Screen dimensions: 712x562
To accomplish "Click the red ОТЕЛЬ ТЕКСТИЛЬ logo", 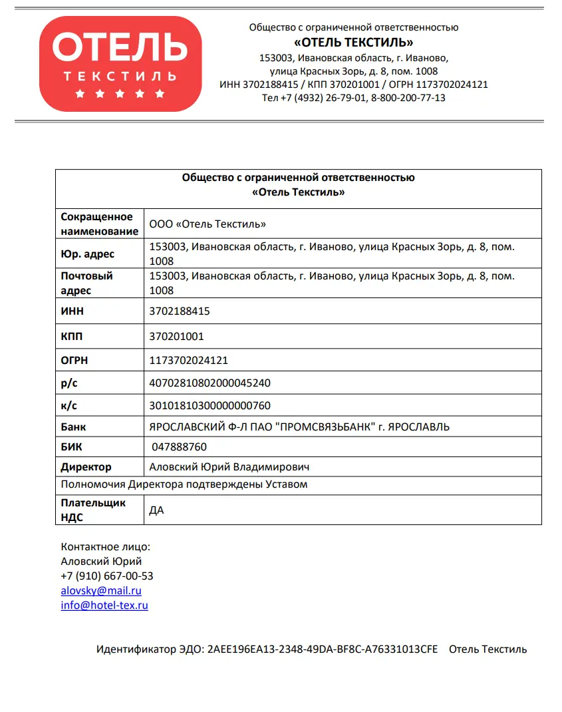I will [x=120, y=63].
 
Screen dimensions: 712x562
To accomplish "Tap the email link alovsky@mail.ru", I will [x=101, y=590].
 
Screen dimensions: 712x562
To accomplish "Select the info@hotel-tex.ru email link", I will [x=104, y=605].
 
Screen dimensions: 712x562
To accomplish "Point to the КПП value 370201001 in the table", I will [x=177, y=336].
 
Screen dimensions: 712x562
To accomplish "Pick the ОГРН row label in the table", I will [x=74, y=361].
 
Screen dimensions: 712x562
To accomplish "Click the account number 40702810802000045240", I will [x=210, y=383].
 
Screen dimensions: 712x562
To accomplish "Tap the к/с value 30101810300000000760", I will [x=210, y=405].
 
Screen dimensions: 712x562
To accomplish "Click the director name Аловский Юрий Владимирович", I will [x=229, y=467].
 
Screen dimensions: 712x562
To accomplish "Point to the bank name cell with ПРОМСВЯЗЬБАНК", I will [x=299, y=427].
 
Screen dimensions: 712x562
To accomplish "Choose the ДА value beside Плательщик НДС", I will [x=157, y=510].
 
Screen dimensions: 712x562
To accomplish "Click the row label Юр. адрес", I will [x=88, y=254].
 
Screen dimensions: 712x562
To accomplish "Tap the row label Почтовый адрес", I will [x=87, y=283].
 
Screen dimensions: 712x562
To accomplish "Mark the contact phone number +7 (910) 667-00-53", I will [x=107, y=576].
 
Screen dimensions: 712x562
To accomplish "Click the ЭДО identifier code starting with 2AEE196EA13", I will [x=323, y=649].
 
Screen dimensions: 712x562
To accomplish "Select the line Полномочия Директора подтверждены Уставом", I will [x=184, y=484].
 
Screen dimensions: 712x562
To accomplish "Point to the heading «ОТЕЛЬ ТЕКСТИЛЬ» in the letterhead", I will [x=354, y=43].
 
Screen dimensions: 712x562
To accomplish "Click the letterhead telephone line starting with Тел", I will [x=354, y=98].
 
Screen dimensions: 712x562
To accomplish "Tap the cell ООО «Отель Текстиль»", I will [x=208, y=224].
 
